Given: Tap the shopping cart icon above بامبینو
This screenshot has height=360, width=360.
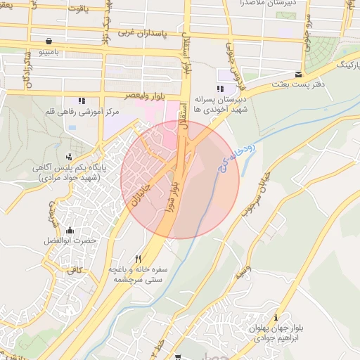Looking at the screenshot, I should [x=48, y=41].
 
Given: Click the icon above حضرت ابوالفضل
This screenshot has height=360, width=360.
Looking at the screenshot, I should [x=69, y=230].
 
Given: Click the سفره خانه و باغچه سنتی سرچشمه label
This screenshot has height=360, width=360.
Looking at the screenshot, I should [x=137, y=274].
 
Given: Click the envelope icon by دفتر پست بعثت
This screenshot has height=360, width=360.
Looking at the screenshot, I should [x=299, y=75].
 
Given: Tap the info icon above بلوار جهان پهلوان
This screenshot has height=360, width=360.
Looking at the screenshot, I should [x=276, y=317].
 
